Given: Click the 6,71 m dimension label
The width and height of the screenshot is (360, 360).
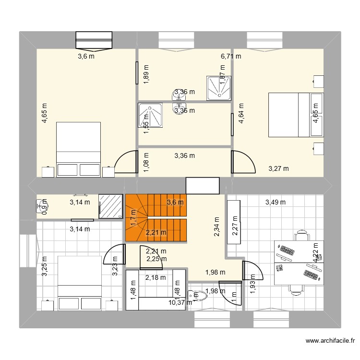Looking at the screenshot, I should (231, 56).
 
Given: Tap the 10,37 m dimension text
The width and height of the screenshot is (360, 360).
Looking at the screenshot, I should (180, 302).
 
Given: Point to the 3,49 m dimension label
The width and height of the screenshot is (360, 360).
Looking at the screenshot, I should (276, 202).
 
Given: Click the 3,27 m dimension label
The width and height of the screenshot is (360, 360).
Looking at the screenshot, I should (278, 168).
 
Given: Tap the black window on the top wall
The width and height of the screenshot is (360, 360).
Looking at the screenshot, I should (94, 40).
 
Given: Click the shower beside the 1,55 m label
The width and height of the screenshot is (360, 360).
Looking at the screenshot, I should (150, 117).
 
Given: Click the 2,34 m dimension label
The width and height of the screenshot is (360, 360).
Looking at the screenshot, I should (216, 225).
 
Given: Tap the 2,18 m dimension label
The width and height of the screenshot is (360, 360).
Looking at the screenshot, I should (156, 277).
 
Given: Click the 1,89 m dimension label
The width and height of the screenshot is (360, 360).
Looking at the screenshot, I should (146, 74).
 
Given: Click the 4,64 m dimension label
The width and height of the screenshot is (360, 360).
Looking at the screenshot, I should (241, 113).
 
